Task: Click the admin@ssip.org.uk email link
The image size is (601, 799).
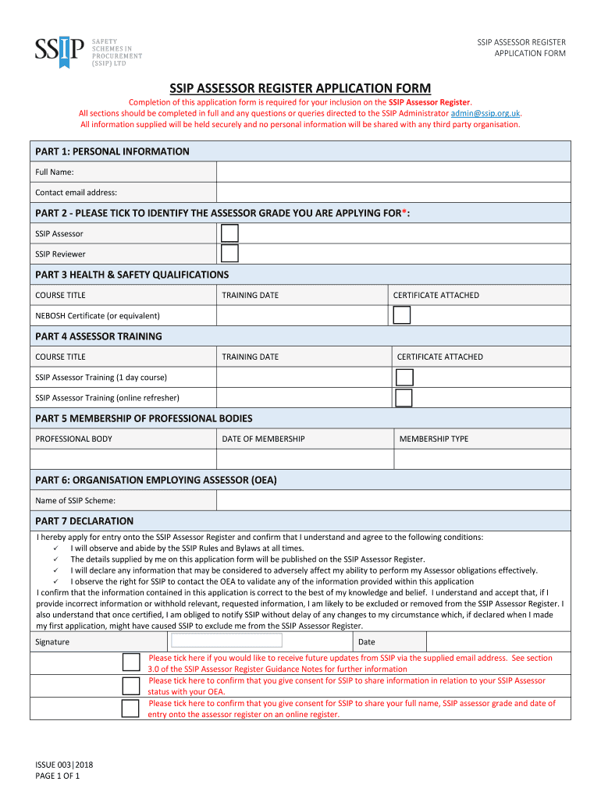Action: pyautogui.click(x=485, y=113)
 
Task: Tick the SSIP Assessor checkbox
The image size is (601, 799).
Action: pyautogui.click(x=229, y=233)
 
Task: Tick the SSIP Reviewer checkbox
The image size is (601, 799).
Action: pyautogui.click(x=229, y=254)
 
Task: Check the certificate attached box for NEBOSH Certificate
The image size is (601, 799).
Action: pyautogui.click(x=401, y=315)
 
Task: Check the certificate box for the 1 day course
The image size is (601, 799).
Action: pyautogui.click(x=404, y=378)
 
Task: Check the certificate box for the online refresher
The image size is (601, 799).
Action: pyautogui.click(x=404, y=398)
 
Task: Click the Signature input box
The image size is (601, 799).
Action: pyautogui.click(x=226, y=641)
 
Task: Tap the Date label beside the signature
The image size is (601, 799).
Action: pyautogui.click(x=366, y=642)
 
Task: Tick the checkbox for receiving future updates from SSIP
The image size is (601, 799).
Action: pyautogui.click(x=131, y=662)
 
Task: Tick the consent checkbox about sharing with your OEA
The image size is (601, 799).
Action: pyautogui.click(x=131, y=686)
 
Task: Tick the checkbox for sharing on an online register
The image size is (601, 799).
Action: pyautogui.click(x=131, y=708)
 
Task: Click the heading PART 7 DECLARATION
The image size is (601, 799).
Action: pyautogui.click(x=84, y=521)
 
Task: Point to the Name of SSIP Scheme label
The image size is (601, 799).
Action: pyautogui.click(x=75, y=501)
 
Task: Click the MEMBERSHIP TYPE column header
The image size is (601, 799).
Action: pyautogui.click(x=434, y=439)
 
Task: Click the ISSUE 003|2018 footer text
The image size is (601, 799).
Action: pyautogui.click(x=64, y=765)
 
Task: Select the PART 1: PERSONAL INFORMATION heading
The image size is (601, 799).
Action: pyautogui.click(x=112, y=151)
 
